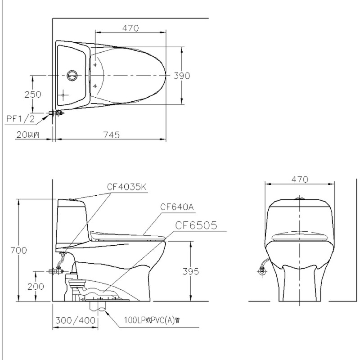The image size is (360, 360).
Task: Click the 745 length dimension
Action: point(112,135)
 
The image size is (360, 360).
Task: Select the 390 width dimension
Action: point(182,76)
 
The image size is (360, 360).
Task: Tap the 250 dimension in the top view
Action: point(33,94)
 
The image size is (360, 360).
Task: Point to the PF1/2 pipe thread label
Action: point(21,118)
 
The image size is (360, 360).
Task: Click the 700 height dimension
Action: point(18,250)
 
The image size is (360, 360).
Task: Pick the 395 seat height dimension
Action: point(191,271)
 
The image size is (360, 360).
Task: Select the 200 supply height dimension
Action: point(36,286)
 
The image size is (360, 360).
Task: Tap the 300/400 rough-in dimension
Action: point(76,320)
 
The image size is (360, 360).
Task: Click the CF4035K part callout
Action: point(126,187)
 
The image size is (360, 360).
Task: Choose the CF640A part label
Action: point(177,207)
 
